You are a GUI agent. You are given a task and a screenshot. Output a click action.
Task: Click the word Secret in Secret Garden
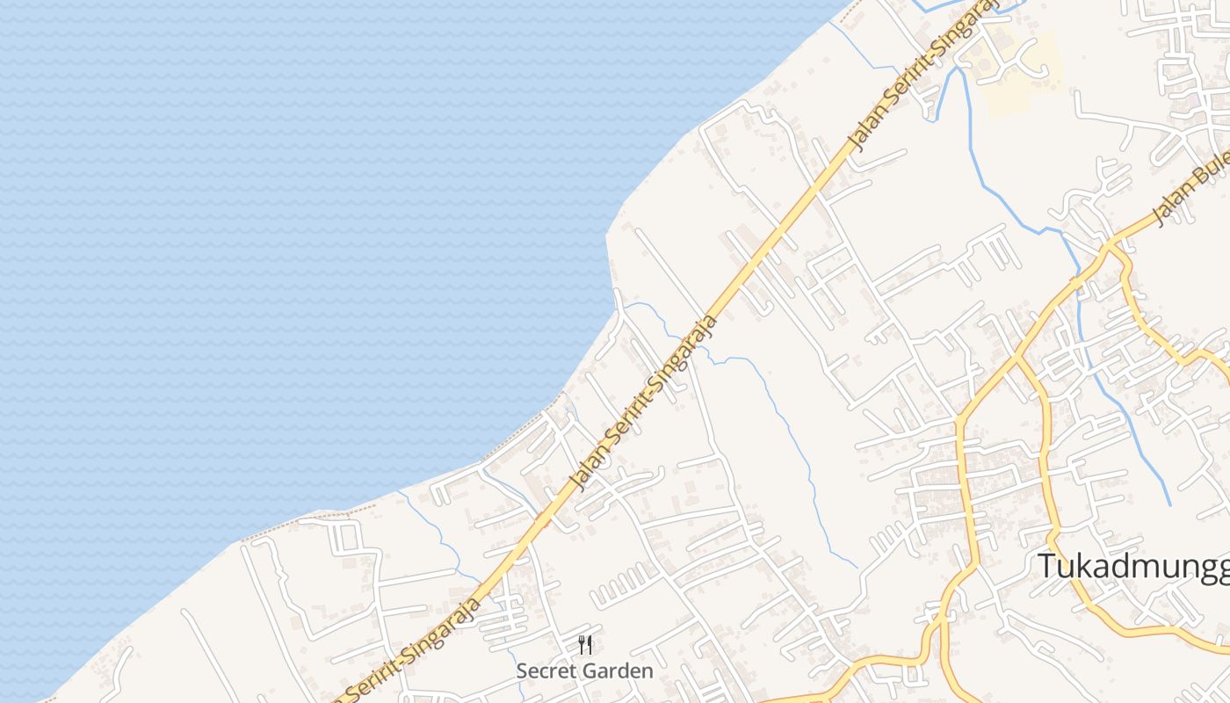pyautogui.click(x=541, y=671)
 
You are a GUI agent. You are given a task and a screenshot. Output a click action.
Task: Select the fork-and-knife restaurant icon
pyautogui.click(x=585, y=646)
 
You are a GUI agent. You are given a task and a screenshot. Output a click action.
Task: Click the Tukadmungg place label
pyautogui.click(x=1133, y=566)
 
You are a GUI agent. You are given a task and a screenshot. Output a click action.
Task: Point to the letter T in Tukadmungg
pyautogui.click(x=1045, y=566)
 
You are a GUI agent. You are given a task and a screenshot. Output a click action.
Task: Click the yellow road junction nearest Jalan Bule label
pyautogui.click(x=1111, y=242)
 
